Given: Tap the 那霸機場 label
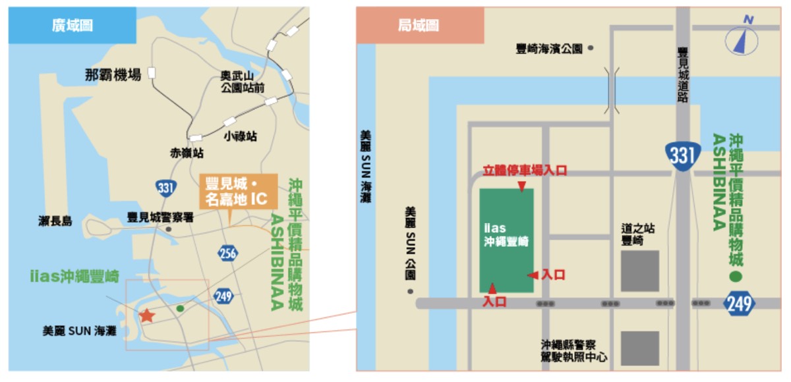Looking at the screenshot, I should point(113,75).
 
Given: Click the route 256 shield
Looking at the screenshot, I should point(228,254).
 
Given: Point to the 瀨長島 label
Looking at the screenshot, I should point(55,221).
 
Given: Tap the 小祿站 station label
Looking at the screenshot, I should point(240,136).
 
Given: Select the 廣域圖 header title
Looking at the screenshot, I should point(73,26).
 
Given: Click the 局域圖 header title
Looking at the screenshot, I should point(419,26).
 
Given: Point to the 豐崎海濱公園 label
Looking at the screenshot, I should point(550,49).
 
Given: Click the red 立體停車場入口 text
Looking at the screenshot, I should point(525,171).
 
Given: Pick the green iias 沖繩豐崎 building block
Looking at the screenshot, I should point(506,240).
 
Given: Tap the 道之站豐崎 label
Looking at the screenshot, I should point(638,235).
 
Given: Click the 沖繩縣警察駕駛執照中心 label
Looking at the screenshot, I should point(574,351).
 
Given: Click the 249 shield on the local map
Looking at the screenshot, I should point(740,304).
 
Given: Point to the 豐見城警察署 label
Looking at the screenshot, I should point(160,217).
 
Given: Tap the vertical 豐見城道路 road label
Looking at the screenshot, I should point(683,74).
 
